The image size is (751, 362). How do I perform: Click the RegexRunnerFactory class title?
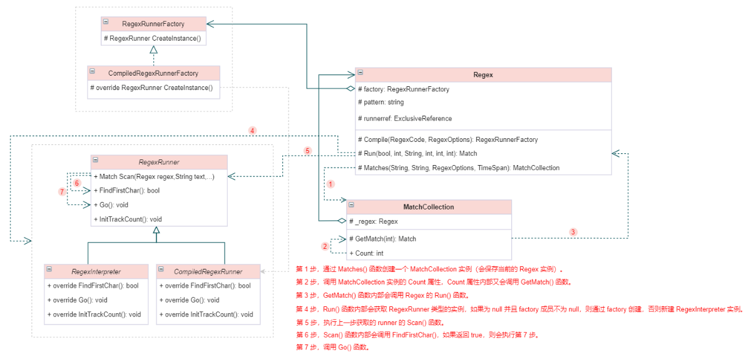(153, 24)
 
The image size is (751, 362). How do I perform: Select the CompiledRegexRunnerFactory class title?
(153, 73)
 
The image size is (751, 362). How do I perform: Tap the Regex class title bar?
(483, 75)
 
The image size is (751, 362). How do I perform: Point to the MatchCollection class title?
(429, 207)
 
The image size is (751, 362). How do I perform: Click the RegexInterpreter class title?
(96, 271)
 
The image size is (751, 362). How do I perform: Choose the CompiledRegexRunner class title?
(208, 271)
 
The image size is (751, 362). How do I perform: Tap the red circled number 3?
(573, 231)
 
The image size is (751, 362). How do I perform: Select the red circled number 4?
(252, 131)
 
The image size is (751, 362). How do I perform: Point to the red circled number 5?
(307, 151)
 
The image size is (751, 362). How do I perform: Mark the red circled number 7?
(62, 192)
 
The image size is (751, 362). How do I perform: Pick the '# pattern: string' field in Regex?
(381, 102)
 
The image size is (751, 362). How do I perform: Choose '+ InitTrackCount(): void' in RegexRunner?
(128, 219)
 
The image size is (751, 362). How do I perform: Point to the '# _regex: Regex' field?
(374, 221)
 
